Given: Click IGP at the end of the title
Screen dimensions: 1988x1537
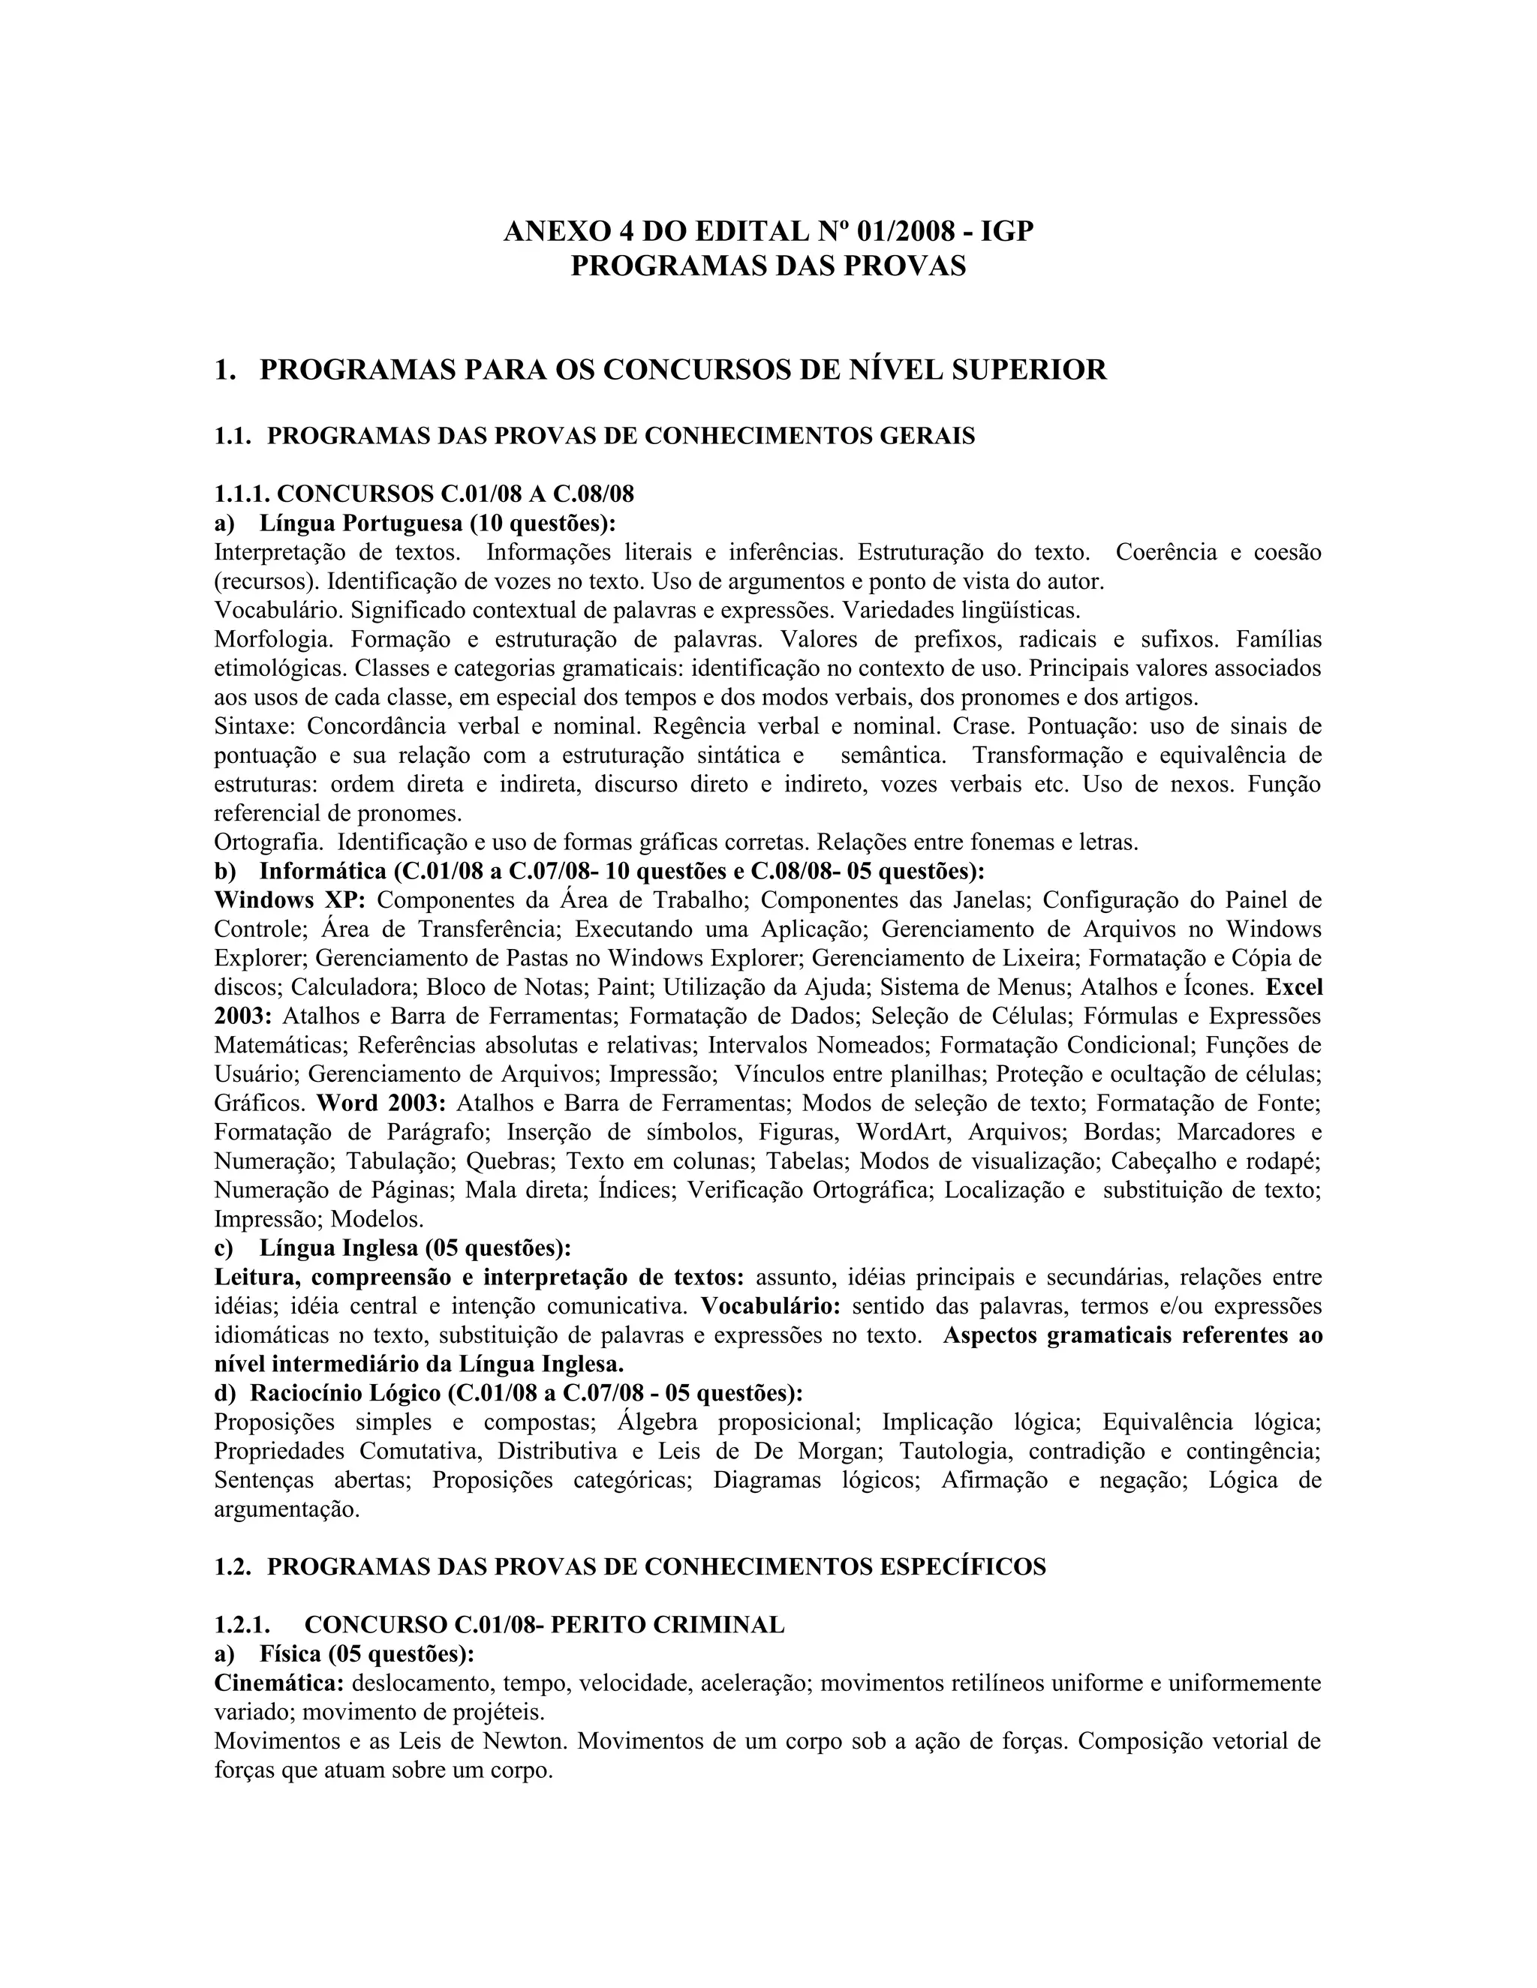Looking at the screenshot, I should [x=1007, y=232].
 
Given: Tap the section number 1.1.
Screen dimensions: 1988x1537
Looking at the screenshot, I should [x=232, y=436].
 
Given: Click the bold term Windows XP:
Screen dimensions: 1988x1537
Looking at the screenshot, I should [x=290, y=900].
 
